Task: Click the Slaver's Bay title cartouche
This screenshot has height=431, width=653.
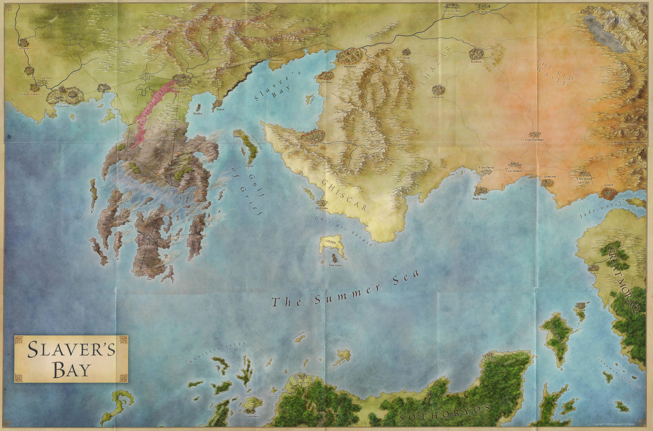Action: click(x=71, y=358)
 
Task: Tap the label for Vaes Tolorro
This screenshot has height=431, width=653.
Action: click(x=535, y=140)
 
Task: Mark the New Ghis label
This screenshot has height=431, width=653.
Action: click(x=335, y=265)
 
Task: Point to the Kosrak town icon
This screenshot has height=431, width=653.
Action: click(x=476, y=53)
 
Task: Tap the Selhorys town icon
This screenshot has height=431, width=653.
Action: click(x=24, y=42)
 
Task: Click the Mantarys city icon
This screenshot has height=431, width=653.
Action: click(x=182, y=79)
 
